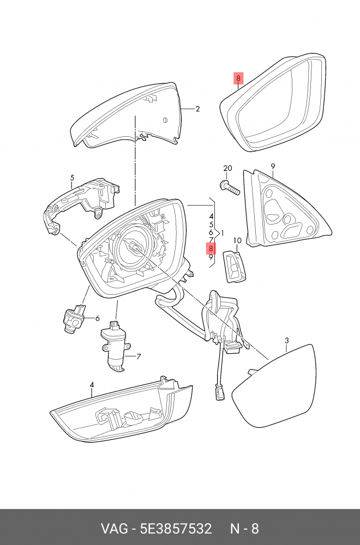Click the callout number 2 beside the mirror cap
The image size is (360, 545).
[x=197, y=109]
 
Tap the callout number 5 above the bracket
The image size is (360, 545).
[x=71, y=178]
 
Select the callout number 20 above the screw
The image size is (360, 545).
[x=227, y=168]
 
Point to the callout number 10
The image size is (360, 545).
[x=237, y=240]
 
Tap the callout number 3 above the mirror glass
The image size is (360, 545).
[x=287, y=342]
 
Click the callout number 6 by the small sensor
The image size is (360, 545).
[x=98, y=318]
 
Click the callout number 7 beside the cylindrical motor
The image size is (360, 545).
[x=139, y=357]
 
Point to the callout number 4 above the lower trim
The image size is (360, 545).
[x=92, y=385]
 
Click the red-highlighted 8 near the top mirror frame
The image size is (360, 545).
[x=238, y=79]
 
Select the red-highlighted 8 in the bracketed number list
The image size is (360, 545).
[x=211, y=249]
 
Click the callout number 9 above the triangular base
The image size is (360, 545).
[x=272, y=166]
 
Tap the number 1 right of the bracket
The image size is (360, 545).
[x=222, y=233]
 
